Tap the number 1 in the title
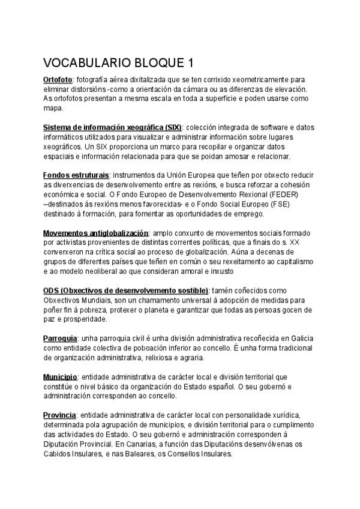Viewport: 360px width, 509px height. click(x=190, y=62)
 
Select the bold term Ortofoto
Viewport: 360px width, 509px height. click(x=58, y=79)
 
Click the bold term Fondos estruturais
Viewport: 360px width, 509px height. click(x=76, y=175)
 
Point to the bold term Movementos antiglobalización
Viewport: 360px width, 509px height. click(x=95, y=232)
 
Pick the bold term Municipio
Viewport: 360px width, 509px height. click(x=60, y=377)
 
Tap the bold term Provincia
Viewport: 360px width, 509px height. click(x=59, y=415)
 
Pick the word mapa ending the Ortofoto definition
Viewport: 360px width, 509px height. click(x=53, y=109)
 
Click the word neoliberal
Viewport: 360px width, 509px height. click(x=99, y=271)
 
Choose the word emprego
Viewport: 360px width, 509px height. click(x=257, y=214)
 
